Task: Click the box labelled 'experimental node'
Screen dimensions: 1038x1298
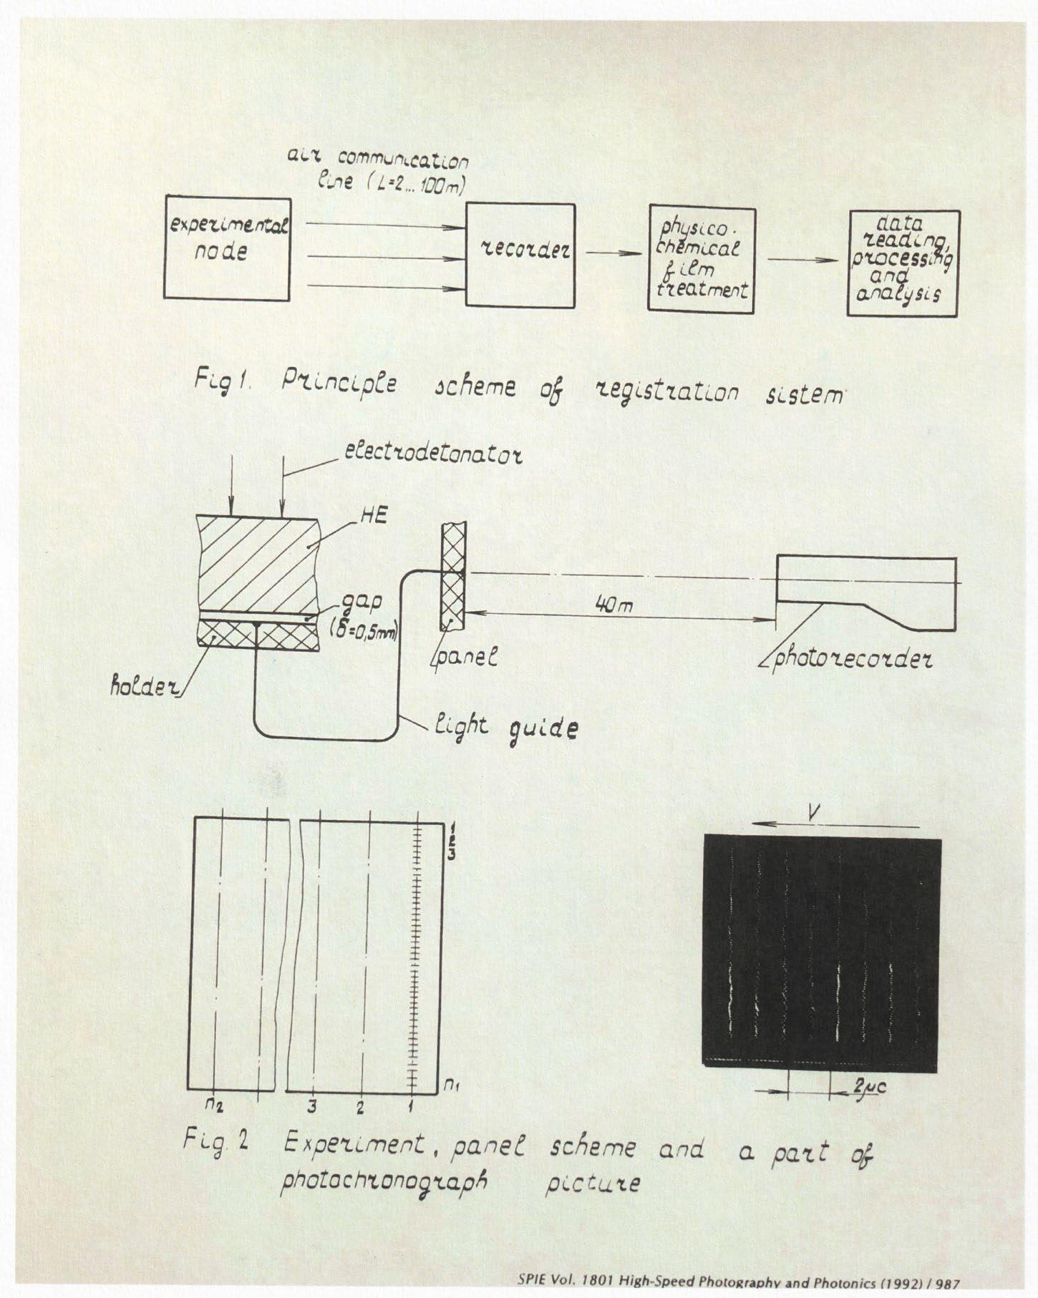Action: [x=227, y=249]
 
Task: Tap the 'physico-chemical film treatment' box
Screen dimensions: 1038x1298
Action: [x=702, y=260]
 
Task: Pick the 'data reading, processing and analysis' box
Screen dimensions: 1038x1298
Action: [x=903, y=263]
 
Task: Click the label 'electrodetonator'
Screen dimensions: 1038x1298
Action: [x=433, y=454]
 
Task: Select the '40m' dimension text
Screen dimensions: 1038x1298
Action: [x=613, y=605]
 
